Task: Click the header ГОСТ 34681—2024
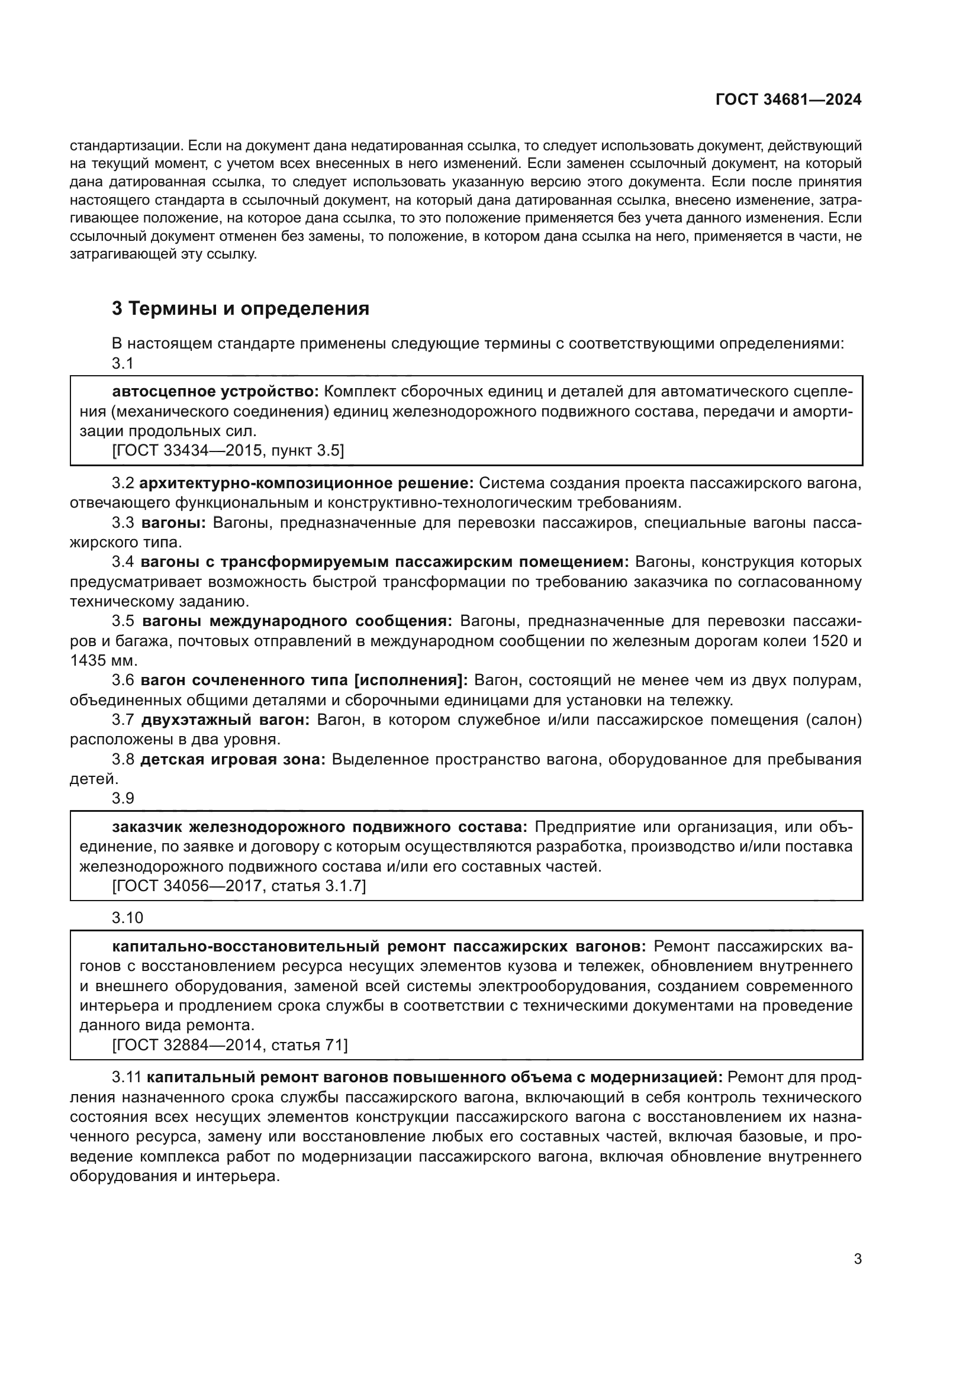pyautogui.click(x=788, y=100)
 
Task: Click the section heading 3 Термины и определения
pyautogui.click(x=240, y=309)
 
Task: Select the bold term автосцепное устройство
pyautogui.click(x=215, y=392)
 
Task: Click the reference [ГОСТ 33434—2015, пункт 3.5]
pyautogui.click(x=228, y=450)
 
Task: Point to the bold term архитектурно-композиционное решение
pyautogui.click(x=307, y=483)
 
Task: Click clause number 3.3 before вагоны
pyautogui.click(x=123, y=522)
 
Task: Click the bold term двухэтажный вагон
pyautogui.click(x=226, y=720)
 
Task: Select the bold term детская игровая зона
pyautogui.click(x=233, y=760)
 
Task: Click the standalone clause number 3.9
pyautogui.click(x=123, y=798)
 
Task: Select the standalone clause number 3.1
pyautogui.click(x=123, y=363)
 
